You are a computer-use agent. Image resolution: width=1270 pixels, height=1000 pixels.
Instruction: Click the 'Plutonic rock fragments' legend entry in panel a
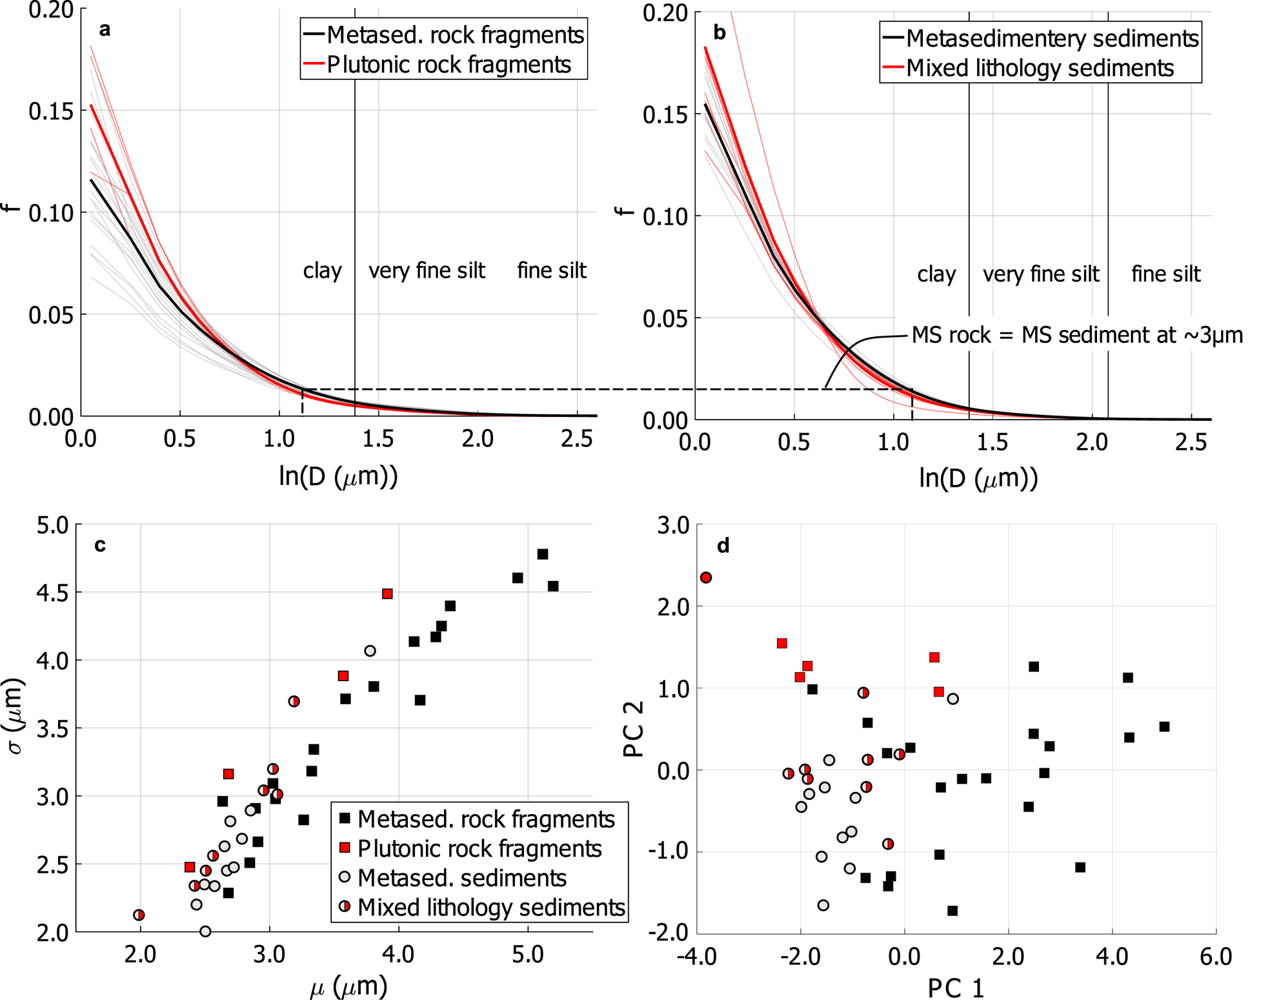point(449,65)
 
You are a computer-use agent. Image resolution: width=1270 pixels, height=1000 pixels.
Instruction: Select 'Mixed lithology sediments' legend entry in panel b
point(1040,68)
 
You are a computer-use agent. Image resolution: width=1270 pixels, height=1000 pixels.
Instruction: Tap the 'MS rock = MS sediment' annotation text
point(1076,335)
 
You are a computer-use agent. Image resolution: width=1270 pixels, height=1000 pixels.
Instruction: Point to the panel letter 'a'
point(105,29)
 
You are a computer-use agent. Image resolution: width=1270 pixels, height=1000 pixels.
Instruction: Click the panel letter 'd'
point(723,546)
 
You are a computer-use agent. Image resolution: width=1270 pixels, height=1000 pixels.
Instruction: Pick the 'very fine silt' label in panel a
point(427,270)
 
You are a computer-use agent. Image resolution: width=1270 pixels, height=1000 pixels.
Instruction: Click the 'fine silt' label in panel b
point(1165,274)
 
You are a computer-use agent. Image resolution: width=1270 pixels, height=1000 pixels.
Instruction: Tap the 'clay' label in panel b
point(936,274)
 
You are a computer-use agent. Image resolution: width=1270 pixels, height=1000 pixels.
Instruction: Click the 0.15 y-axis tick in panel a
point(51,111)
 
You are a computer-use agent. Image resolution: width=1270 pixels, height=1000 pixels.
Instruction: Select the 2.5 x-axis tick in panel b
point(1191,442)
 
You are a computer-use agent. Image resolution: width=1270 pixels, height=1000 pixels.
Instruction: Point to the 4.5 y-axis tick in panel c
point(52,593)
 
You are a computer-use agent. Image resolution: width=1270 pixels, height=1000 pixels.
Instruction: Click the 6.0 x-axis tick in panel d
point(1216,956)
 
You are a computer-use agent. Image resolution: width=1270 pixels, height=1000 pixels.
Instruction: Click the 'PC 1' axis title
point(956,988)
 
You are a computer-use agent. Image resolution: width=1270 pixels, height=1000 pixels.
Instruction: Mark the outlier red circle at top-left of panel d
point(706,577)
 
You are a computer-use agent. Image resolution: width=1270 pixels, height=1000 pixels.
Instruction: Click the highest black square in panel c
point(543,554)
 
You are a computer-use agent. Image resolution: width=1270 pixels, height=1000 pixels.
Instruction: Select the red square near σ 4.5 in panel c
point(387,594)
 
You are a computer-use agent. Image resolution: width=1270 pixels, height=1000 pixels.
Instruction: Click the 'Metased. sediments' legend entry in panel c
point(461,878)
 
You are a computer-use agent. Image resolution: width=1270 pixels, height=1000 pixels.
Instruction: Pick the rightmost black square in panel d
point(1164,727)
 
